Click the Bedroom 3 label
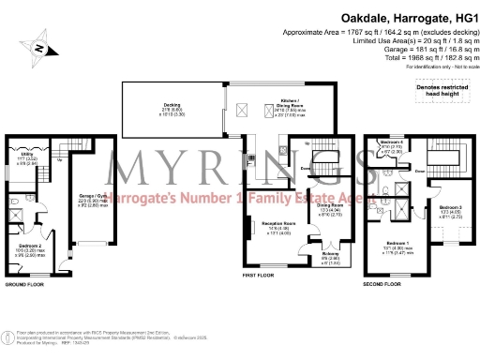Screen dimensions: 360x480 [x=450, y=208]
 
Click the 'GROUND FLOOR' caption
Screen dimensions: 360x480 [x=24, y=283]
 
